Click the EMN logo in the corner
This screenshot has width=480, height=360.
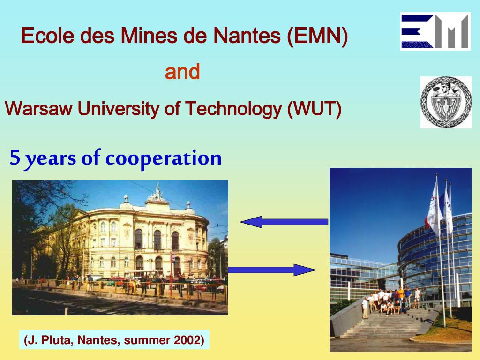(x=435, y=31)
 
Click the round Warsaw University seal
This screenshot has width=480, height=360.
(x=446, y=102)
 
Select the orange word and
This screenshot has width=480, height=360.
(x=182, y=72)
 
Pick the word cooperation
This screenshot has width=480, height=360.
(x=163, y=158)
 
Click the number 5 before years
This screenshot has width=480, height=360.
(x=15, y=158)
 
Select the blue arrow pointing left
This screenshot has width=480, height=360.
(x=284, y=221)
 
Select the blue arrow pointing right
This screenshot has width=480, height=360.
(x=272, y=270)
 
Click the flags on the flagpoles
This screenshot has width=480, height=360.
(x=438, y=206)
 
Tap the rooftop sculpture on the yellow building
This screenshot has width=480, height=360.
(x=157, y=193)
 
